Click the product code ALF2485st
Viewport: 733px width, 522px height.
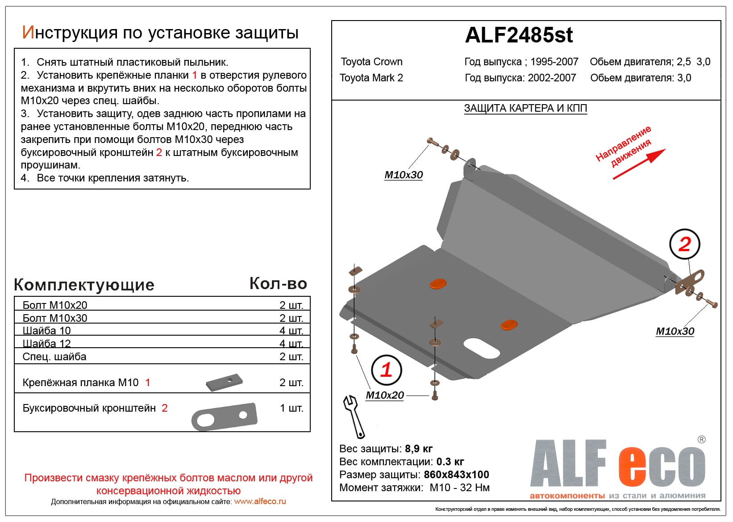[519, 35]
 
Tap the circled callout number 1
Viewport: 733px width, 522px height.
[386, 370]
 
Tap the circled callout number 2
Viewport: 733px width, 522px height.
[684, 244]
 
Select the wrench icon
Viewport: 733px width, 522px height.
[354, 416]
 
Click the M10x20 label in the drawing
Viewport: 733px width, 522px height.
[384, 396]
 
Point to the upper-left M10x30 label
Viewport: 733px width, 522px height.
[404, 175]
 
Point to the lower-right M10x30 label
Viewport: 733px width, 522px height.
[675, 332]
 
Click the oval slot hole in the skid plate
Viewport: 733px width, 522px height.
[481, 348]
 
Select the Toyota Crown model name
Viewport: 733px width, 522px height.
[371, 62]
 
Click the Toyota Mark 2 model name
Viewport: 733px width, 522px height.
[371, 78]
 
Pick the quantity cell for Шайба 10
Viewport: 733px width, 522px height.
[291, 331]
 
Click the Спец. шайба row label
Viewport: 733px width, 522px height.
[54, 357]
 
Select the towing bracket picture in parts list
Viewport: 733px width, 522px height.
[225, 417]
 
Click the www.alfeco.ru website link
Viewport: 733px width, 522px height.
[260, 501]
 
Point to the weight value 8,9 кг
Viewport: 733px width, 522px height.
[419, 449]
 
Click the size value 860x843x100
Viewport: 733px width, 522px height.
[456, 475]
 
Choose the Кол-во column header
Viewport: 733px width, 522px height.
[278, 284]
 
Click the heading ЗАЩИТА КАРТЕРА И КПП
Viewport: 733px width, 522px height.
[525, 109]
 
